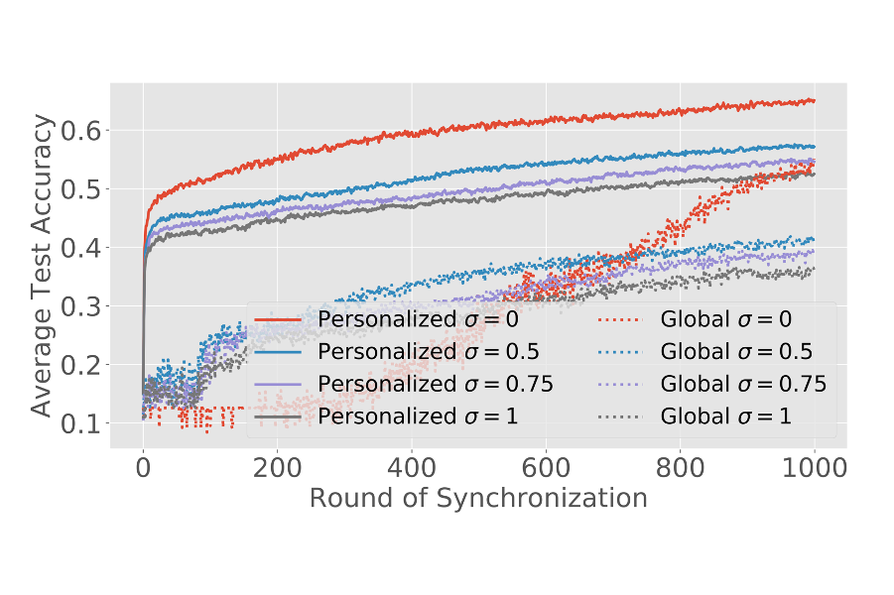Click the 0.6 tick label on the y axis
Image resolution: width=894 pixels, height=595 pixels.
(x=81, y=131)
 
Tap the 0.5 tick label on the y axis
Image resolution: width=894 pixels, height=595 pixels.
(x=81, y=189)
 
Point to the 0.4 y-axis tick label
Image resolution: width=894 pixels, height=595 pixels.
(x=81, y=248)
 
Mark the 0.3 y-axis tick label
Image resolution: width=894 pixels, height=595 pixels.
(x=81, y=306)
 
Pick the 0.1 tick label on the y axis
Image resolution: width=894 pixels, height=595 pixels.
(x=81, y=424)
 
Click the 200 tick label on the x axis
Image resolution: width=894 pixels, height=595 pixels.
(x=277, y=468)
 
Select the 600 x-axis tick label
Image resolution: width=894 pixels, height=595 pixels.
(x=546, y=468)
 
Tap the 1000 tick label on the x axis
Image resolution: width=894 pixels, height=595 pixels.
(x=814, y=468)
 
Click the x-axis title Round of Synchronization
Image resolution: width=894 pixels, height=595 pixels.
(x=478, y=498)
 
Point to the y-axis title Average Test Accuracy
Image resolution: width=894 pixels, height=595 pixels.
(x=42, y=265)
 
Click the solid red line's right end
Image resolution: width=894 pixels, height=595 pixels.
(x=814, y=100)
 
